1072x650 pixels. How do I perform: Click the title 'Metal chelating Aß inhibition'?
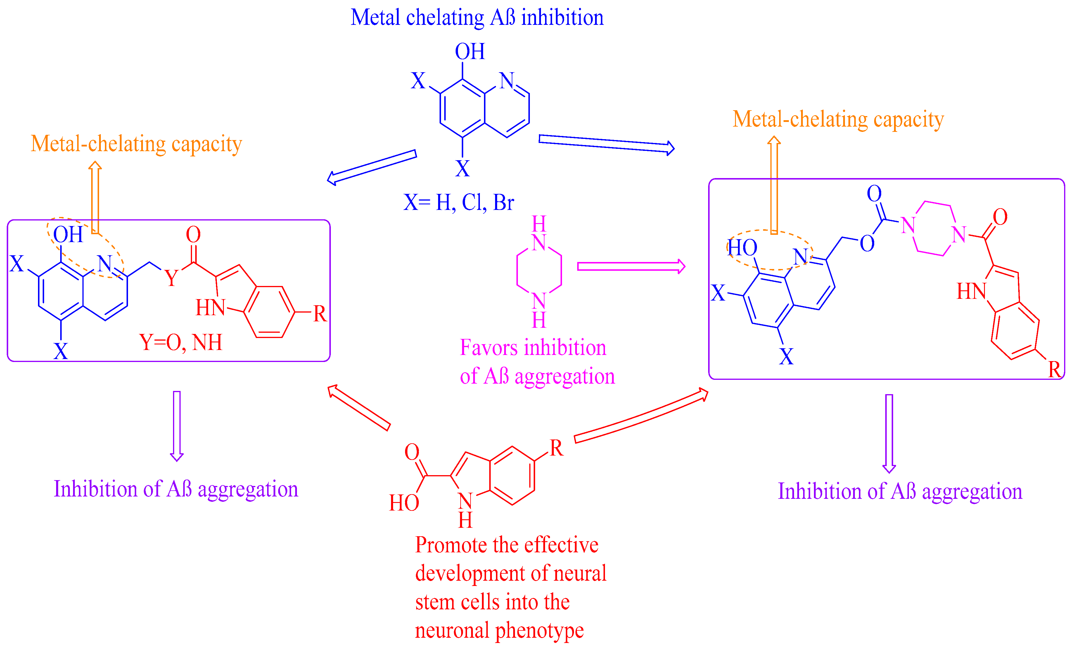tap(477, 18)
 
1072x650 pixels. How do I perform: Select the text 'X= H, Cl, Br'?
tap(459, 202)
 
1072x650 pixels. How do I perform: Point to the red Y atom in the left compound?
tap(172, 278)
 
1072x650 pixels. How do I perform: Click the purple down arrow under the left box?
tap(177, 425)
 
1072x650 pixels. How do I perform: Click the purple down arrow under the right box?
tap(889, 433)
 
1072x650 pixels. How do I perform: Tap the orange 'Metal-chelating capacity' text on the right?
tap(838, 119)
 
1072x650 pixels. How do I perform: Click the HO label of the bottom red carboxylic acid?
tap(403, 503)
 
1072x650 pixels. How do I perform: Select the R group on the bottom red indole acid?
tap(556, 448)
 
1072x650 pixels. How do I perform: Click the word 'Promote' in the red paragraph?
tap(450, 545)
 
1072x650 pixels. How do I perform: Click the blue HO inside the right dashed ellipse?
tap(743, 248)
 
